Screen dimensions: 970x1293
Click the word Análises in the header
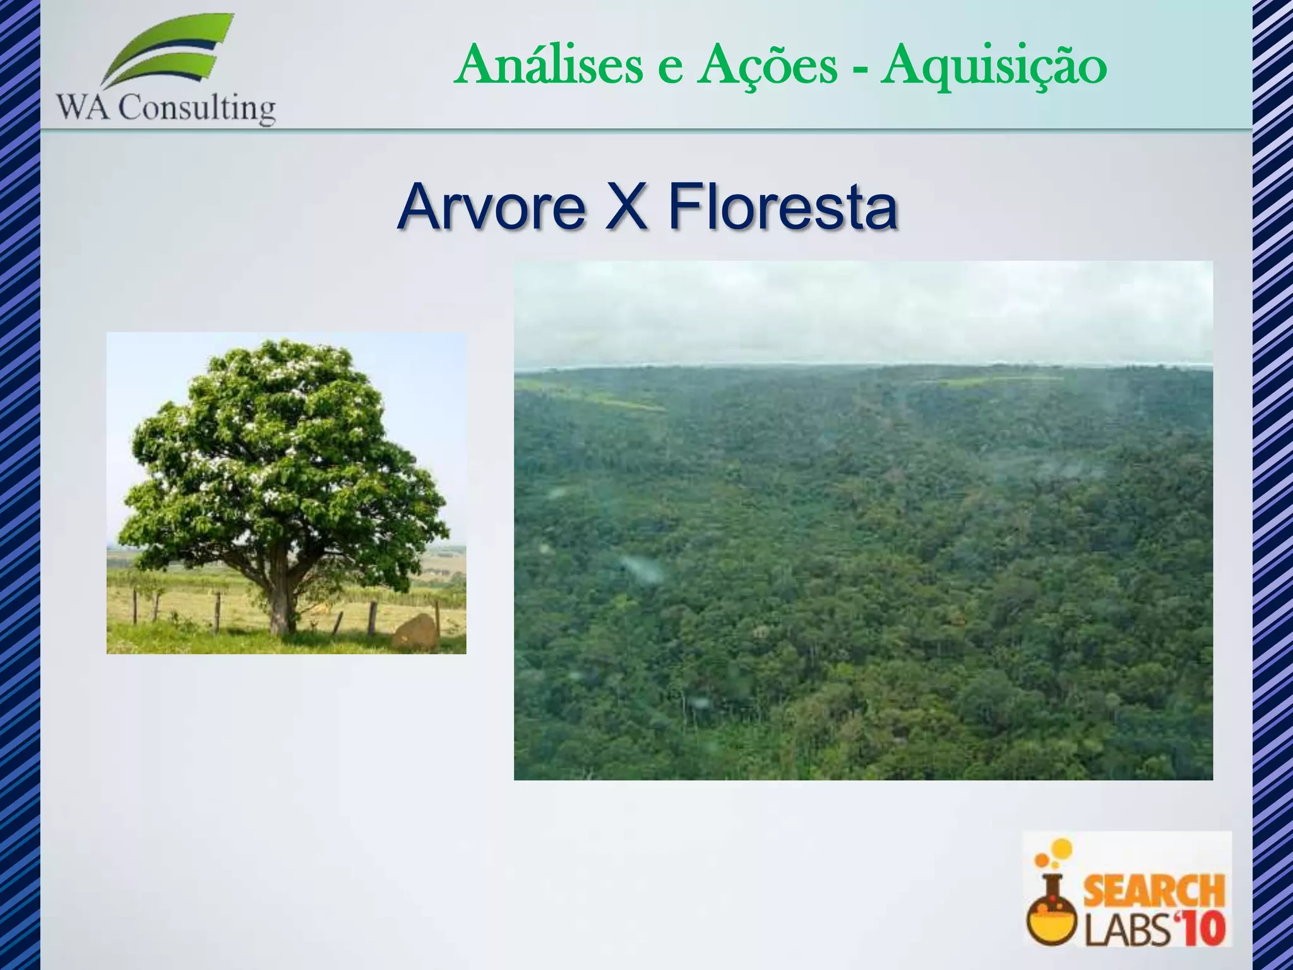[x=547, y=66]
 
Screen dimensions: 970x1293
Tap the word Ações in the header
[x=766, y=66]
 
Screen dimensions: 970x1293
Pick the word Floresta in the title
[x=782, y=207]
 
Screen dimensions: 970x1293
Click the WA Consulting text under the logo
[x=166, y=109]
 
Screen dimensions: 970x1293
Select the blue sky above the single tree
[x=417, y=379]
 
